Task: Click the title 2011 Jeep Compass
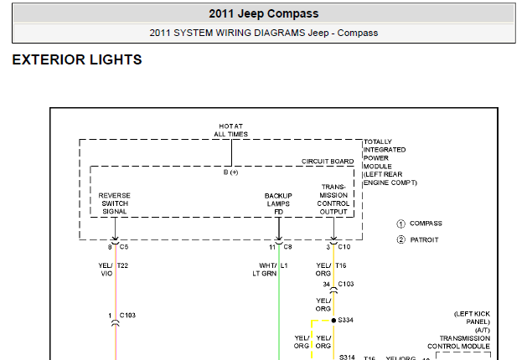263,13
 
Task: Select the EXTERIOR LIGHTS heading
77,59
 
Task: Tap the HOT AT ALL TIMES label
231,131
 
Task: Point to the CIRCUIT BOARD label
328,162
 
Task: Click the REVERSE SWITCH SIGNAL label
114,203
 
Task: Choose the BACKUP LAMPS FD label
278,203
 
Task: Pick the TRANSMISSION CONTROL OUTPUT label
333,199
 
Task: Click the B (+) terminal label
231,172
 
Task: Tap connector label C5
124,247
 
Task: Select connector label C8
287,247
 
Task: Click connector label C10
344,247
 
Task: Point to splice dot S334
333,321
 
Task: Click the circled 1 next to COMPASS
400,224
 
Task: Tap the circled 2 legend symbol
400,239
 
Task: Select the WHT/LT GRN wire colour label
265,270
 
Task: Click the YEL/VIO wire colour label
106,270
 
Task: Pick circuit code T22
122,265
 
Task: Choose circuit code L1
284,265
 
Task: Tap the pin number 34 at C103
327,285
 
